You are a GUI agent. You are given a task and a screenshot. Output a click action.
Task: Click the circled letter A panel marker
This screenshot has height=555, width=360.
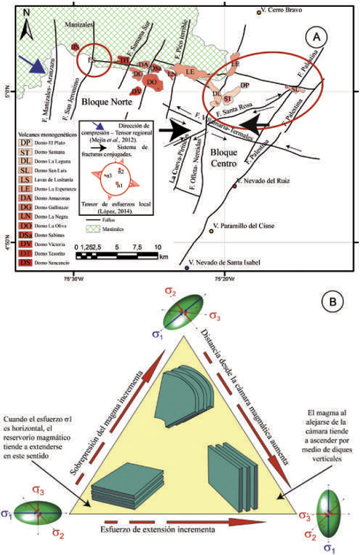317,38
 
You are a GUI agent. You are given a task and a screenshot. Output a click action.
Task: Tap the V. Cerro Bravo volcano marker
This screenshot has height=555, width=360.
259,11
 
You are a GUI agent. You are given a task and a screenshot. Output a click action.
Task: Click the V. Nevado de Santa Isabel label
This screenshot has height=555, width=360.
224,262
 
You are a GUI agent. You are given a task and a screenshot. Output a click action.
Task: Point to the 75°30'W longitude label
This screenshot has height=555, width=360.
72,278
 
